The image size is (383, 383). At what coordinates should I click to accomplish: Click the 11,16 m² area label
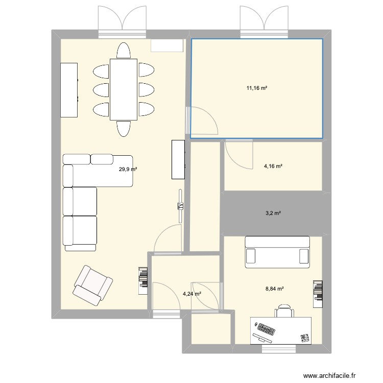[257, 88]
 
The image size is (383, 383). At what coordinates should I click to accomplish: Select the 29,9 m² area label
[128, 169]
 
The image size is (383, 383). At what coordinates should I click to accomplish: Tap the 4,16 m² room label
[273, 166]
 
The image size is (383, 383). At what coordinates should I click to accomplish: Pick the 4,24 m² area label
[192, 294]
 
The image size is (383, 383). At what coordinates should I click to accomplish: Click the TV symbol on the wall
[180, 206]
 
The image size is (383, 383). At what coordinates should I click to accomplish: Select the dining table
[124, 89]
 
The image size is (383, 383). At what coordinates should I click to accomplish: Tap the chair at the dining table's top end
[124, 51]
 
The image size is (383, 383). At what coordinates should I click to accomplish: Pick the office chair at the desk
[284, 311]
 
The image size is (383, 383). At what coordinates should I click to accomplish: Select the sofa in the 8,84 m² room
[277, 252]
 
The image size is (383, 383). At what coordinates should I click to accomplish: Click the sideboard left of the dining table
[69, 90]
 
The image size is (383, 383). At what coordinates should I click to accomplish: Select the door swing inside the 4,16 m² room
[239, 155]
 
